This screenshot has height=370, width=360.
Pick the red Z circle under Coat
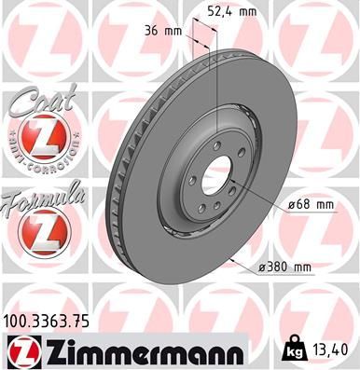pos(40,141)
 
